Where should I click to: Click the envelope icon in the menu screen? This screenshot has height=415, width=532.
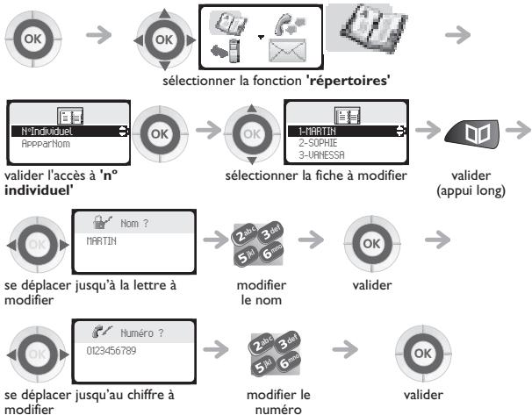287,51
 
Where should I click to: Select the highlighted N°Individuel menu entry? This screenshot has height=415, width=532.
47,132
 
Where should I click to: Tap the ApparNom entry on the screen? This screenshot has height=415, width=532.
46,144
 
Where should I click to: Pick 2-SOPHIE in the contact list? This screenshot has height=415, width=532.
318,143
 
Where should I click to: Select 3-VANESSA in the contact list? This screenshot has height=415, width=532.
321,155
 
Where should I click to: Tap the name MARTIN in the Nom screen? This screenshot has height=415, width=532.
101,241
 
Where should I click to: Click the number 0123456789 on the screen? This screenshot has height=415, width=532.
111,351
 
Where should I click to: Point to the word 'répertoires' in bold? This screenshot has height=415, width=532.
349,81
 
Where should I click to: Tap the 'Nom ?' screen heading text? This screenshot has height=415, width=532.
134,224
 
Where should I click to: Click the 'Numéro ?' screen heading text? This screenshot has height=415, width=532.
142,333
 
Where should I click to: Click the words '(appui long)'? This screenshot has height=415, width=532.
471,191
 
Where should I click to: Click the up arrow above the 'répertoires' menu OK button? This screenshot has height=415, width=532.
164,13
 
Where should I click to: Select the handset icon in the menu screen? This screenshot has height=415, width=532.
290,24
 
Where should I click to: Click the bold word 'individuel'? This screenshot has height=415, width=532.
39,190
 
